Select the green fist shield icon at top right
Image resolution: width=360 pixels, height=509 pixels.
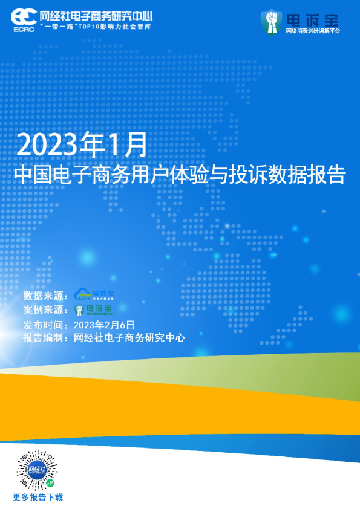click(272, 21)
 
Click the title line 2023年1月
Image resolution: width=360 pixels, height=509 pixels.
click(82, 145)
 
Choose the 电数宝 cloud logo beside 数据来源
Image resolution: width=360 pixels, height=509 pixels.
click(94, 295)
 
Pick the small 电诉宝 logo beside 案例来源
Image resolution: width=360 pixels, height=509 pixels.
click(94, 310)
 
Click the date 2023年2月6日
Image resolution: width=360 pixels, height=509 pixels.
click(108, 324)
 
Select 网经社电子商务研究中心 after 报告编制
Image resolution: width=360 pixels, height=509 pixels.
click(128, 338)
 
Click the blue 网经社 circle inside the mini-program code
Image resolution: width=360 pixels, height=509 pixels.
click(36, 470)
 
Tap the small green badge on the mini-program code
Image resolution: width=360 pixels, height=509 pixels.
click(50, 484)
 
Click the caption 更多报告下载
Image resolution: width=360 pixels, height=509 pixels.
click(38, 498)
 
